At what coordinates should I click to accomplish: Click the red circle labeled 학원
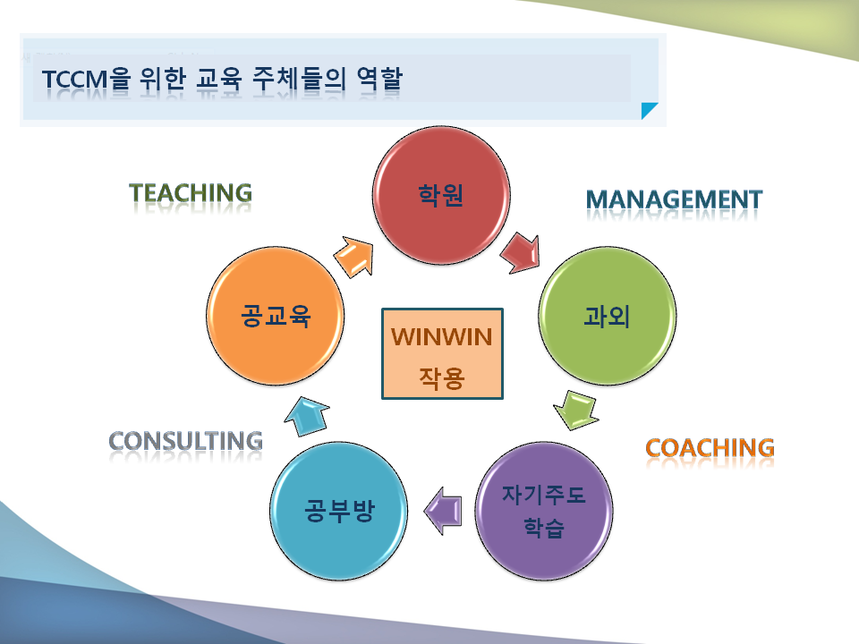441,196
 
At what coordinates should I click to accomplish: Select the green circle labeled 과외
607,316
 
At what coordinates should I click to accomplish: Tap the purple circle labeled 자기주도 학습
543,511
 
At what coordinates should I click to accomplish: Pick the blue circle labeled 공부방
339,511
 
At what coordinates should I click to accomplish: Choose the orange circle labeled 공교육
276,316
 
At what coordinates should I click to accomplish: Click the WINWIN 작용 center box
442,354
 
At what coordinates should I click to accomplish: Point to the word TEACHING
191,193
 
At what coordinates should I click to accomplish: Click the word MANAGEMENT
675,199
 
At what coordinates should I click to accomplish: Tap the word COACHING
710,448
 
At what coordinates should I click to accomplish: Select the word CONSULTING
186,441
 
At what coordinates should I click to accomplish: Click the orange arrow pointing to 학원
355,257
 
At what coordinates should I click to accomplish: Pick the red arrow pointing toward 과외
521,252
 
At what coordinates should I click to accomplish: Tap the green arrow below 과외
576,411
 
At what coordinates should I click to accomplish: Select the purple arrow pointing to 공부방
443,511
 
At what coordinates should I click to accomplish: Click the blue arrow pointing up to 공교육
307,416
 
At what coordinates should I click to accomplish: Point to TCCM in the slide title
75,80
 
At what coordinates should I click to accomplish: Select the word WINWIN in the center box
441,337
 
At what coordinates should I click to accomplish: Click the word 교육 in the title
219,79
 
